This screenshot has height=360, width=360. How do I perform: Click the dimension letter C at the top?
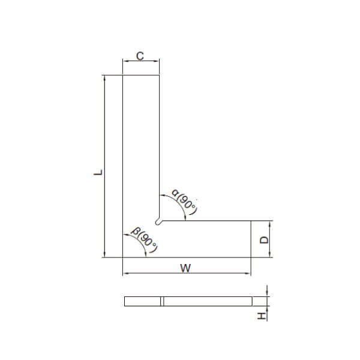point(140,56)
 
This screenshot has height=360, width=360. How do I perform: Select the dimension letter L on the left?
point(98,172)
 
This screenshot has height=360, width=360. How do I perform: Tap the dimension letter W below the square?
point(185,268)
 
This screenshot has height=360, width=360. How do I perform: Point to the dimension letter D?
point(264,239)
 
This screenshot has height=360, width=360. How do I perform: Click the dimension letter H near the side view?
point(262,316)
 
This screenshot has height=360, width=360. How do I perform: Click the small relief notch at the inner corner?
point(158,221)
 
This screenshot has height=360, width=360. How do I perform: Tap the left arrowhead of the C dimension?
point(125,61)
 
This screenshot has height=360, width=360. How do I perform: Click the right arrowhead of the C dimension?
point(157,61)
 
